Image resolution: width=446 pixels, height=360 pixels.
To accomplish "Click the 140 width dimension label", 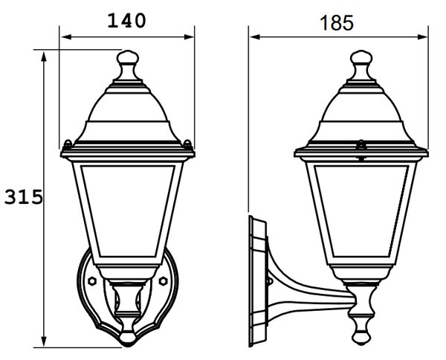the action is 126,21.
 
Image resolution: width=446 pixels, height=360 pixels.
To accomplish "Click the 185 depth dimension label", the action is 337,23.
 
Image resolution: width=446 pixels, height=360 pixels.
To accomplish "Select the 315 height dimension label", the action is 24,197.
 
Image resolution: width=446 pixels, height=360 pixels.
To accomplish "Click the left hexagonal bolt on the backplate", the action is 92,281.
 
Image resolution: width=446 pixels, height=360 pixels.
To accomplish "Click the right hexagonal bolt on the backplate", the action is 163,281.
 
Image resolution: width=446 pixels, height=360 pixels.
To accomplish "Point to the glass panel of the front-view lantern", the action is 128,210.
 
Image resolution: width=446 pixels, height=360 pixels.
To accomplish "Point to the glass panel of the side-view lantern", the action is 361,210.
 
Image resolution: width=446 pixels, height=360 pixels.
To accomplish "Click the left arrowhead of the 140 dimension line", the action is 67,36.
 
